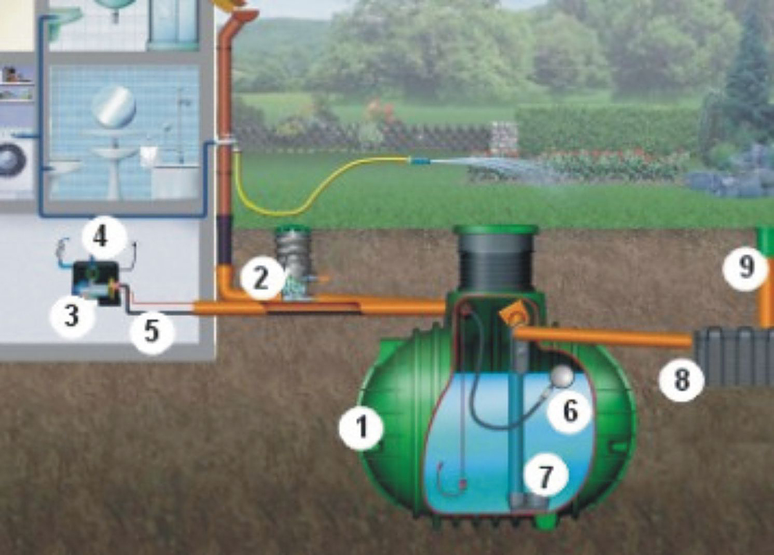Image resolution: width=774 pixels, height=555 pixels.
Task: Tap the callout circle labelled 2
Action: coord(261,278)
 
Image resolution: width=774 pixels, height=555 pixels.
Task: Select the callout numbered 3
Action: coord(71,316)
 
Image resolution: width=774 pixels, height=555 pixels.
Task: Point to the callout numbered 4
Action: coord(100,237)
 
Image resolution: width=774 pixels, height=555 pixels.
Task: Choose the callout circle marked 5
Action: coord(151,331)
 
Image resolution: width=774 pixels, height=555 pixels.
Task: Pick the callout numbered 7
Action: coord(546,475)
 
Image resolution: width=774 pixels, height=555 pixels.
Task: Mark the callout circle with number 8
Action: coord(681,380)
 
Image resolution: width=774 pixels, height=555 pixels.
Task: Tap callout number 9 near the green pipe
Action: coord(746,267)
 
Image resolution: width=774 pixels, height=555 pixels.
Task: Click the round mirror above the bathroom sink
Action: coord(114,106)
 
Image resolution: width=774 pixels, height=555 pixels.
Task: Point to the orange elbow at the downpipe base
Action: coord(228,284)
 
